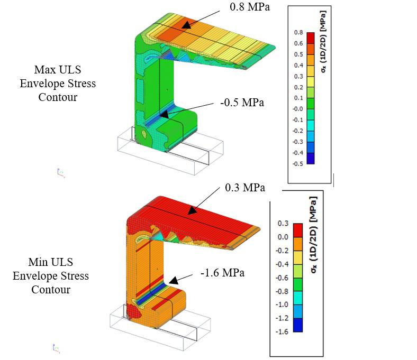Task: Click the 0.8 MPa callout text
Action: tap(250, 7)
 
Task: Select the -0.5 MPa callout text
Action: tap(242, 103)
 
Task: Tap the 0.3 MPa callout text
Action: tap(245, 188)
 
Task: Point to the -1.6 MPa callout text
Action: tap(222, 273)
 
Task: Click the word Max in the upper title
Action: tap(44, 70)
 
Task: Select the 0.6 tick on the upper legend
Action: tap(298, 43)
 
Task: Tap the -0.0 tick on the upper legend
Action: tap(297, 109)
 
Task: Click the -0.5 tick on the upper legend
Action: tap(297, 164)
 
